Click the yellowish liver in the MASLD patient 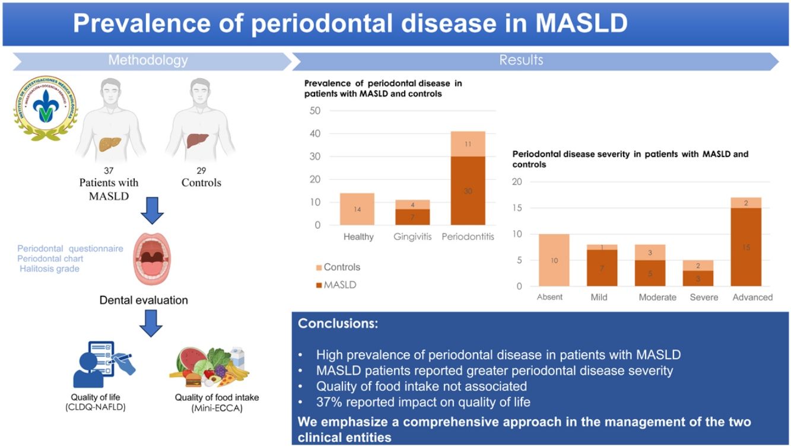pos(110,143)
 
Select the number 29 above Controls pos(201,171)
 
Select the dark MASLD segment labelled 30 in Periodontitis pos(468,190)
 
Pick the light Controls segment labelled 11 pos(468,143)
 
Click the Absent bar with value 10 pos(554,260)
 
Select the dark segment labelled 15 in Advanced pos(746,247)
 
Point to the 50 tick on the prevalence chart pos(315,111)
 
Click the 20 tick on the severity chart pos(516,182)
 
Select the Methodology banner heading pos(148,60)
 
